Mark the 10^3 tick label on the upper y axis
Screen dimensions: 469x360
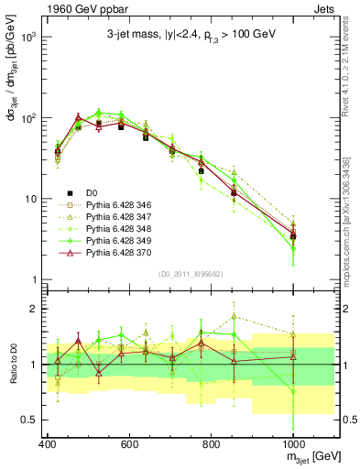[x=26, y=38]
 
